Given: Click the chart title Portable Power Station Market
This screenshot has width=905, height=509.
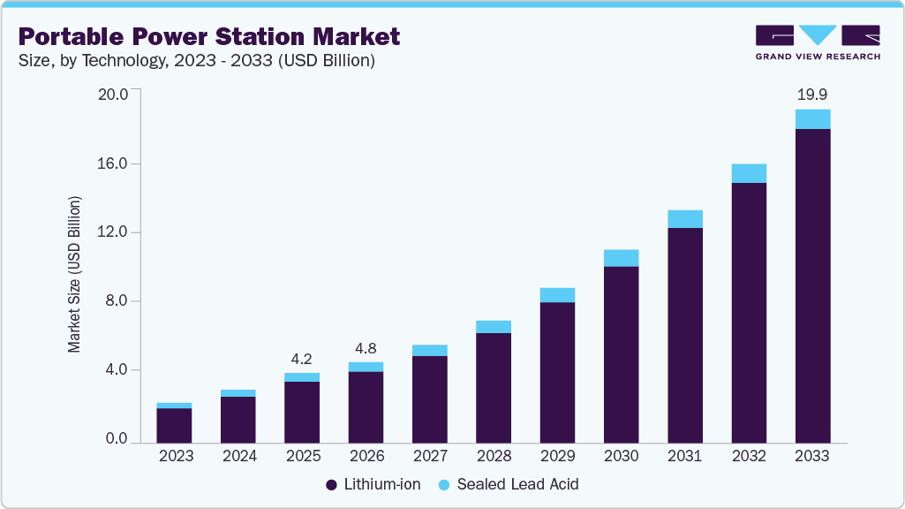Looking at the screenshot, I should click(209, 36).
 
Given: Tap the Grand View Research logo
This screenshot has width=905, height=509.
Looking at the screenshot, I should click(818, 42).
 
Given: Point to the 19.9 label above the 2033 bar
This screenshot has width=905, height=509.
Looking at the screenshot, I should click(812, 94).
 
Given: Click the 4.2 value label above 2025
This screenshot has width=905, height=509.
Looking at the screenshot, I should click(302, 359).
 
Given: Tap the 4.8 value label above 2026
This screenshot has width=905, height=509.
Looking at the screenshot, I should click(366, 348).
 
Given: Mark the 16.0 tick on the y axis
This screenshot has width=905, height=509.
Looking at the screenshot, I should click(117, 163).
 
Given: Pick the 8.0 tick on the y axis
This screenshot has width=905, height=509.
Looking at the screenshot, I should click(117, 301).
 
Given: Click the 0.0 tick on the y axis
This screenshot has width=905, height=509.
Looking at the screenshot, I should click(117, 439).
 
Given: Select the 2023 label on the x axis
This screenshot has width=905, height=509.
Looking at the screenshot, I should click(175, 456).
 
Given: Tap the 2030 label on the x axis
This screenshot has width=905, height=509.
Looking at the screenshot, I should click(621, 456).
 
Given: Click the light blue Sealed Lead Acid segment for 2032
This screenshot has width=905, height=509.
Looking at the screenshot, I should click(749, 173).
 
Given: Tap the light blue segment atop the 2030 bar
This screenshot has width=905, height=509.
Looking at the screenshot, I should click(621, 257).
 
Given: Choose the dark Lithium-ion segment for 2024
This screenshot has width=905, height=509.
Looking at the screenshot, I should click(238, 419).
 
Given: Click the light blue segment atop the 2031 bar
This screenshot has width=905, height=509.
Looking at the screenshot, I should click(685, 218).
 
